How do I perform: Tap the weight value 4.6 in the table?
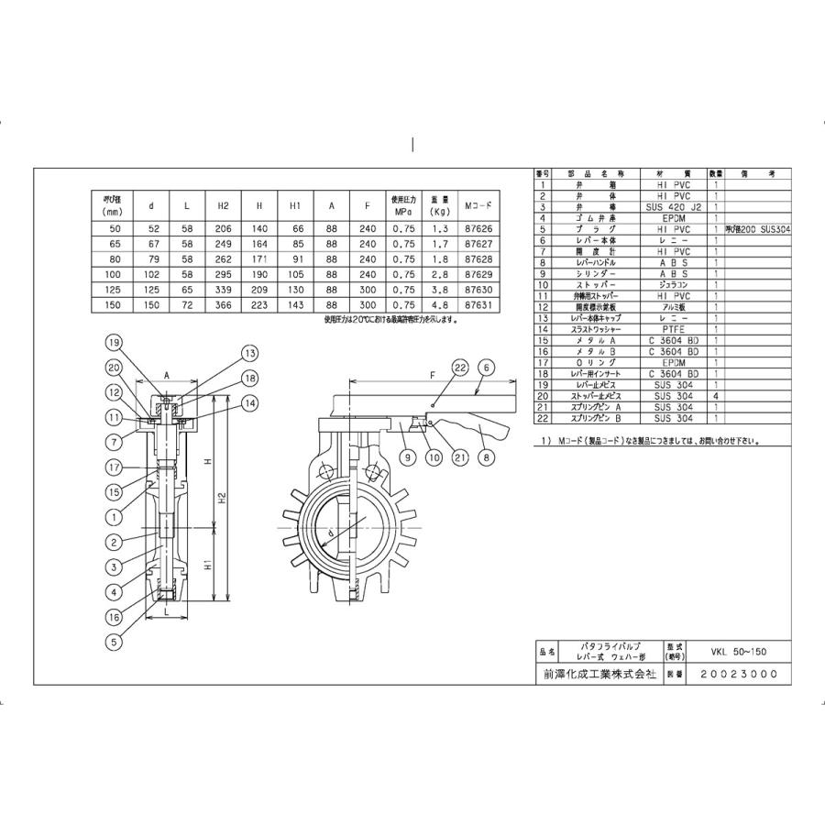(439, 304)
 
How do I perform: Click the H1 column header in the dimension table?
(295, 206)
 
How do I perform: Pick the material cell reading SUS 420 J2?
(674, 207)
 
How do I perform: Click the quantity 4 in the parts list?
(714, 396)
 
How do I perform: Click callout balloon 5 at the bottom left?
(115, 643)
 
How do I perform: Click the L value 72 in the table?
(186, 304)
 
